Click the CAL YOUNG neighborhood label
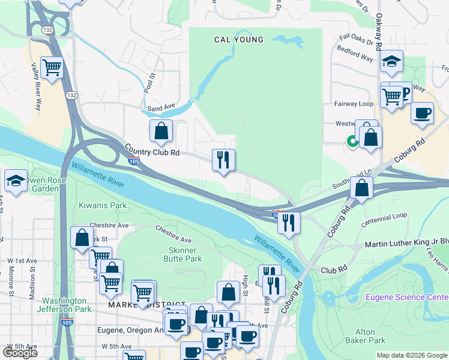[x=239, y=40]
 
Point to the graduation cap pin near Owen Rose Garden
[x=15, y=181]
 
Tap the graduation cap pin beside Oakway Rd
[x=391, y=61]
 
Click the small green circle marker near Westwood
[x=352, y=142]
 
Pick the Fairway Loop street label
[x=354, y=104]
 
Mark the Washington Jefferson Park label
[x=67, y=305]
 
